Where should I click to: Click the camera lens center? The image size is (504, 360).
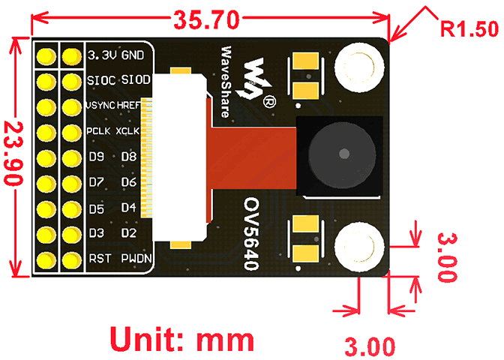coord(342,154)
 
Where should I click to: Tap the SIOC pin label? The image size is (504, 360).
coord(101,80)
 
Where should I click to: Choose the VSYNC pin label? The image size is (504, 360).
coord(100,106)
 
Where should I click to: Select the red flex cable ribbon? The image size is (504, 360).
coord(256,157)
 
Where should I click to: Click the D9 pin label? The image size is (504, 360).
coord(96,157)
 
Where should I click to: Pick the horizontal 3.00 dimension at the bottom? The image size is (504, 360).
coord(369,347)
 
